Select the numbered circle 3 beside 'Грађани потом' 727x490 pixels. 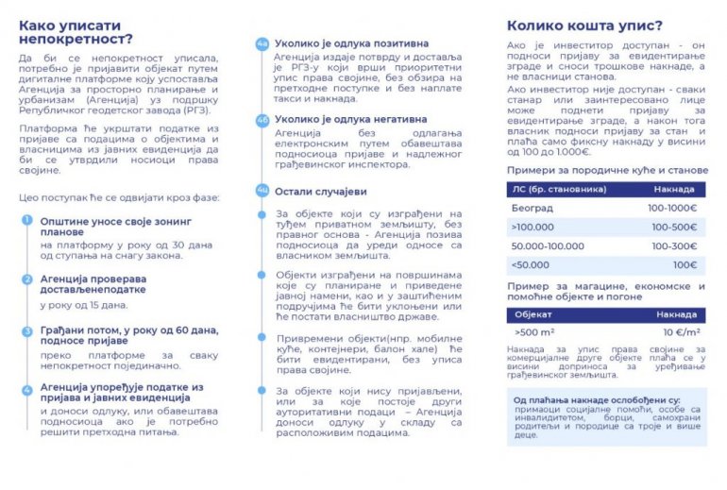27,330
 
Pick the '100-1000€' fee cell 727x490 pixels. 672,207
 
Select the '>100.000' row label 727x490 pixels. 533,227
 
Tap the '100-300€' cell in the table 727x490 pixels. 672,245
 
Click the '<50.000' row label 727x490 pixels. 531,265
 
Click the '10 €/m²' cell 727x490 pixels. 679,332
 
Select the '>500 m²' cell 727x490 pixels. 535,332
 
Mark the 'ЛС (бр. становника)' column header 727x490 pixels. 545,188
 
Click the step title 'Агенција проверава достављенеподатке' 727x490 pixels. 93,284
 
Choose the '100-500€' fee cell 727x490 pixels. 672,227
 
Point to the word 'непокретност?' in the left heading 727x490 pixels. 76,39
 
